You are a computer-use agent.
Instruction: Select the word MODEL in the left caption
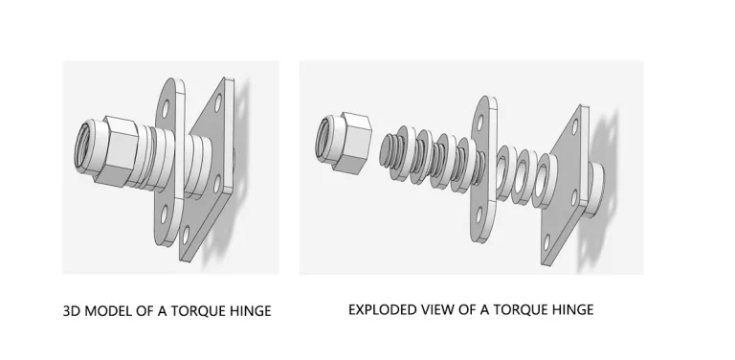click(105, 310)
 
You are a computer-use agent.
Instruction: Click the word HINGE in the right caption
click(571, 309)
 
